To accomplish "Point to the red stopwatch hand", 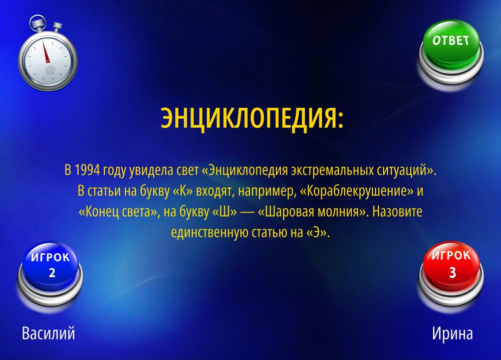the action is (x=46, y=52).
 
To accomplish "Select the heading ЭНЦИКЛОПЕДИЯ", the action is (x=252, y=118).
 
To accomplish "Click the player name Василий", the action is (x=49, y=333).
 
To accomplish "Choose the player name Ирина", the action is (x=452, y=334).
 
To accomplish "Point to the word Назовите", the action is (x=397, y=212).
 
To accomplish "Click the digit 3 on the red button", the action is (x=452, y=272).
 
